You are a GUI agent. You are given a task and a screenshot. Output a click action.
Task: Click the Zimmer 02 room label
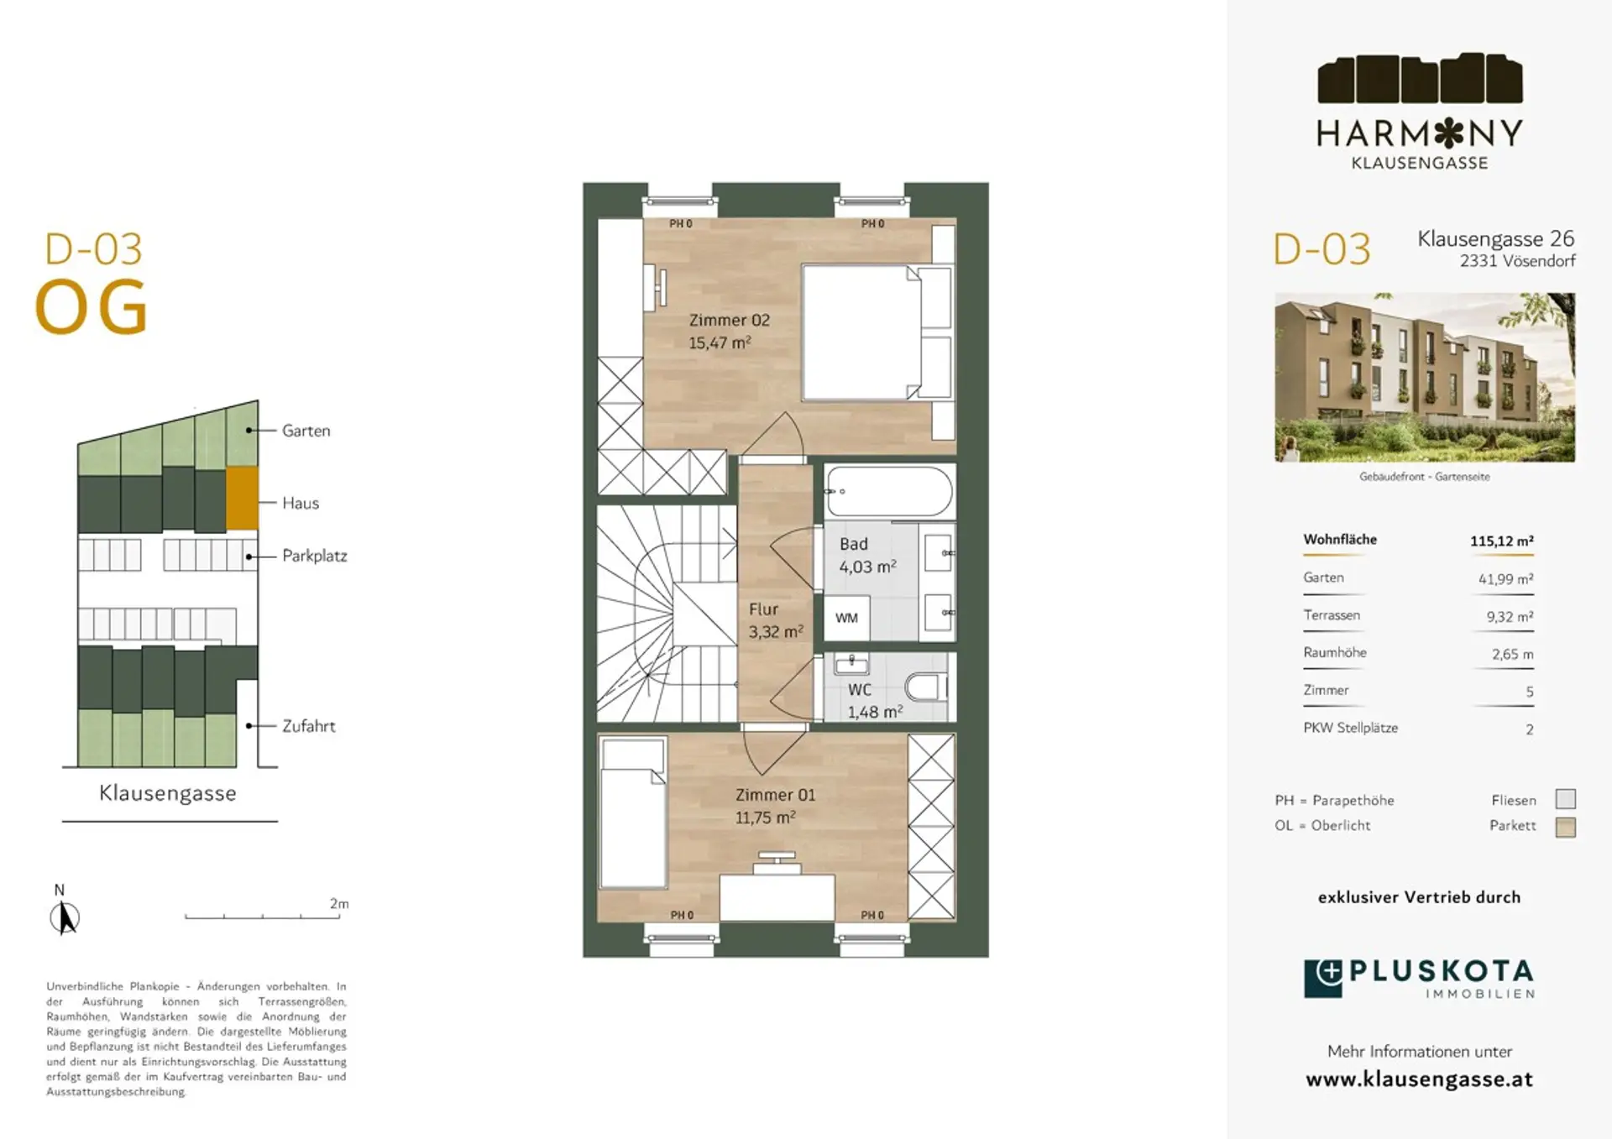point(729,320)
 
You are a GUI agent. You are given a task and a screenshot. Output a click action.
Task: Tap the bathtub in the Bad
point(889,492)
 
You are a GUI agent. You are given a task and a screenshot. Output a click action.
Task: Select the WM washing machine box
point(846,618)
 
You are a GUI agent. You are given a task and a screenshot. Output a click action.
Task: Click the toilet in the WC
point(925,687)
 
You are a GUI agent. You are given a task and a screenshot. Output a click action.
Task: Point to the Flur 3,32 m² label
point(776,620)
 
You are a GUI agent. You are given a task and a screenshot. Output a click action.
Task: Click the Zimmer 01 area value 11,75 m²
point(765,817)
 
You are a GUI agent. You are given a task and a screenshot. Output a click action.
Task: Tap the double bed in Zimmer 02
point(877,332)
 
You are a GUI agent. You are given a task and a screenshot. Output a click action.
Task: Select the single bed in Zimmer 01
point(634,812)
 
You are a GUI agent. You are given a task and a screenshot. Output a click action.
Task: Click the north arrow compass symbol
point(64,917)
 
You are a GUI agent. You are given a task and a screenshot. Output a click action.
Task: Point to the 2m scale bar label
point(339,903)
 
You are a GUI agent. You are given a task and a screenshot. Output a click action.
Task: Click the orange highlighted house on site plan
point(242,499)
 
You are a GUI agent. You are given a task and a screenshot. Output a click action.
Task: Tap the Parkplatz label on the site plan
point(315,556)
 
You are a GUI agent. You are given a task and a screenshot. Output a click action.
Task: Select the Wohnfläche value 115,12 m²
point(1501,541)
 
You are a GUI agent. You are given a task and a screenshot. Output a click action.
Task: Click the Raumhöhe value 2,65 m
point(1512,654)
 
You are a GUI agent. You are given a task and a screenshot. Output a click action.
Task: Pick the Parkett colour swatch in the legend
point(1565,827)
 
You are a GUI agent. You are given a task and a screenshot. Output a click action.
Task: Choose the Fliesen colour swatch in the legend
point(1565,799)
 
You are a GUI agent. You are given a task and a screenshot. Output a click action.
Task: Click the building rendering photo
point(1425,377)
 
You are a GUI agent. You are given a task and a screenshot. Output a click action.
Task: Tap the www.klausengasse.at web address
point(1419,1079)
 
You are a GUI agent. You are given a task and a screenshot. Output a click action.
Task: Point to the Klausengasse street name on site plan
point(168,793)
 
